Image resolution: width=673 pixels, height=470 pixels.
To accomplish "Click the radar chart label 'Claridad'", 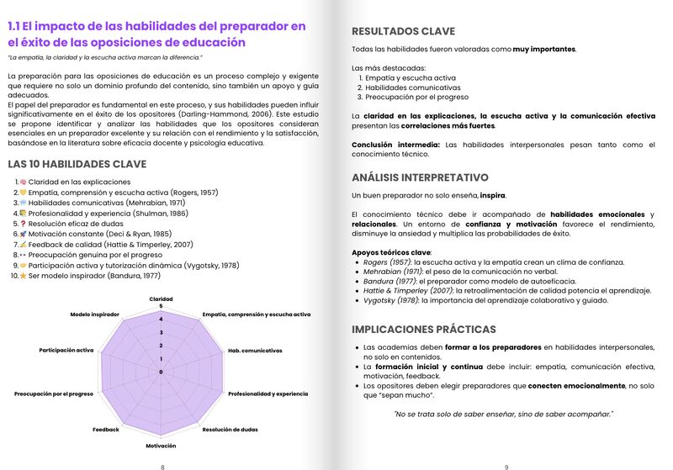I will (161, 298).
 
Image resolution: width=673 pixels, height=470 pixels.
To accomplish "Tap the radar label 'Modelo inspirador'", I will (95, 314).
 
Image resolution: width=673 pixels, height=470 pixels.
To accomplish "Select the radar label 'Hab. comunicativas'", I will (256, 350).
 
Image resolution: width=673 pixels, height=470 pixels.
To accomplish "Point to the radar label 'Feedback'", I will (106, 430).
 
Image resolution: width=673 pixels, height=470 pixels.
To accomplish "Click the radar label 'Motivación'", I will (161, 445).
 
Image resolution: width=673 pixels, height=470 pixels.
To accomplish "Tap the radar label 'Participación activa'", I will (66, 350).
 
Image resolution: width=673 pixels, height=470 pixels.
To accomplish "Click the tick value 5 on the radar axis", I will (160, 307).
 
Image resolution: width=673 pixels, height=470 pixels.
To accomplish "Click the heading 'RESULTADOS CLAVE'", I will (403, 31).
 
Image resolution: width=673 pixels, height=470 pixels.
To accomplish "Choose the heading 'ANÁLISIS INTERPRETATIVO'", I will (420, 177).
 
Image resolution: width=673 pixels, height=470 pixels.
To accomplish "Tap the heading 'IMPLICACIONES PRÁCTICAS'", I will (423, 329).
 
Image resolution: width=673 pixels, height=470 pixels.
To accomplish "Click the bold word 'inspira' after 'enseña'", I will (492, 196).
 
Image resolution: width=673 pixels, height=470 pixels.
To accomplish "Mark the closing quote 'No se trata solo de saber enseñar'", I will (503, 413).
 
